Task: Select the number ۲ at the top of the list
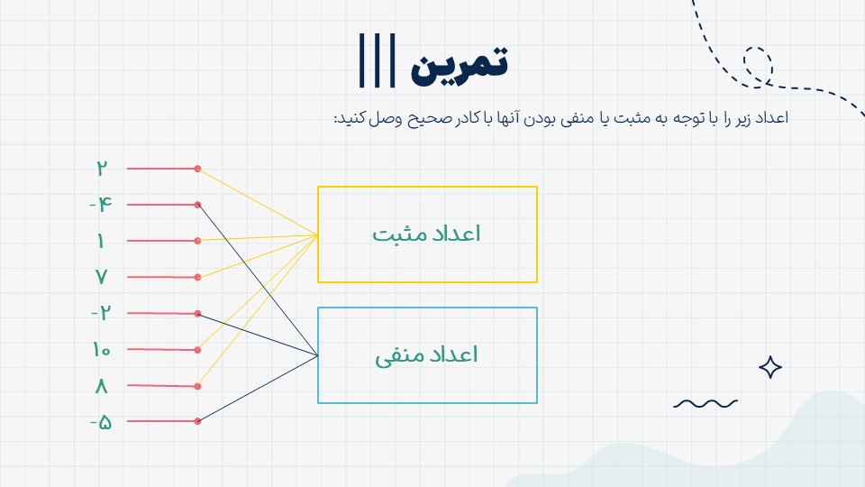pos(101,168)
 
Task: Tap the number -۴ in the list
pos(101,205)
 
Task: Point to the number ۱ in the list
pos(100,241)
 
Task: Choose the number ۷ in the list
pos(101,277)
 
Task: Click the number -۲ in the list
pos(101,313)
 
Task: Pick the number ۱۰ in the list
pos(102,350)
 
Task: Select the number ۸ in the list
pos(101,386)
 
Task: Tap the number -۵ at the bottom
pos(101,422)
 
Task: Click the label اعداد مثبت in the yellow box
pos(426,234)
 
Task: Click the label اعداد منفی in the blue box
pos(426,355)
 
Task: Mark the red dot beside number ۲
pos(197,169)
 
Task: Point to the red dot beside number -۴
pos(197,205)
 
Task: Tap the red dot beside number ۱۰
pos(197,350)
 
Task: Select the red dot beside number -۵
pos(197,421)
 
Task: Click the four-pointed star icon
pos(770,367)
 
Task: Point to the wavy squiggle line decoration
pos(705,404)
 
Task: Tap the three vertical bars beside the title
pos(378,60)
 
